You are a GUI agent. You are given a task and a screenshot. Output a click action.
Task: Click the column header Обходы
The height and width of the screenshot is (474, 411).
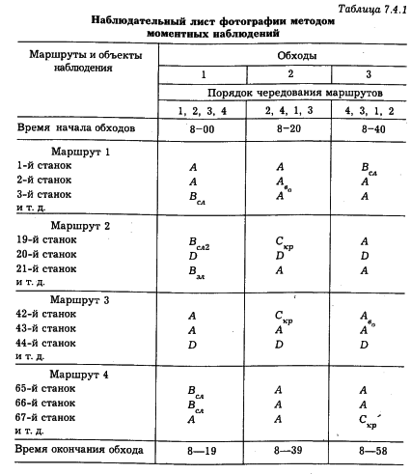tap(281, 56)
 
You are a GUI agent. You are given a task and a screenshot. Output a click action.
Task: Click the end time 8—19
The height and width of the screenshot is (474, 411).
tap(204, 450)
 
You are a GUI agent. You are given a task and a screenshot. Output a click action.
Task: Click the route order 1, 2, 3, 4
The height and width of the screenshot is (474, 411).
tap(203, 111)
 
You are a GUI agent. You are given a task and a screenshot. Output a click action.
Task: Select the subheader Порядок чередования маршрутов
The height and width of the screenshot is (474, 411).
tap(281, 92)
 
